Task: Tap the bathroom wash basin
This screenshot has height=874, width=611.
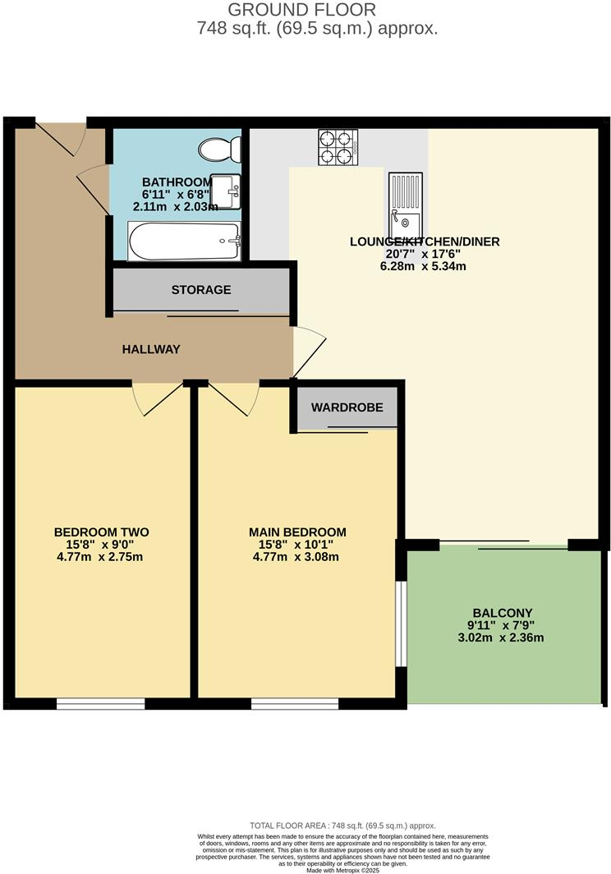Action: pos(226,191)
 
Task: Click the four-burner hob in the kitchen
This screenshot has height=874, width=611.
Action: pos(338,148)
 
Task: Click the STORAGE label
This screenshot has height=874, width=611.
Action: pos(200,290)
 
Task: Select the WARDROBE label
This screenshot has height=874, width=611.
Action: pos(347,407)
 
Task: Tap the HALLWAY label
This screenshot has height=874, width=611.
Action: pos(151,349)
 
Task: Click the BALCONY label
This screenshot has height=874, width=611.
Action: pos(503,613)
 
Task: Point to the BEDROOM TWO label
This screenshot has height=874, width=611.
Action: pos(101,531)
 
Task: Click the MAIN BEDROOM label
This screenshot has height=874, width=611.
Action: pos(297,531)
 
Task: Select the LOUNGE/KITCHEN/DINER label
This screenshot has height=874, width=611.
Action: pos(425,241)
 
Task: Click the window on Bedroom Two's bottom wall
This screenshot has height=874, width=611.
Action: pos(100,703)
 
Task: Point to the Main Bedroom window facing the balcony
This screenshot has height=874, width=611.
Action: pos(400,623)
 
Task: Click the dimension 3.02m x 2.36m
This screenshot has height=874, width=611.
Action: pos(503,637)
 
